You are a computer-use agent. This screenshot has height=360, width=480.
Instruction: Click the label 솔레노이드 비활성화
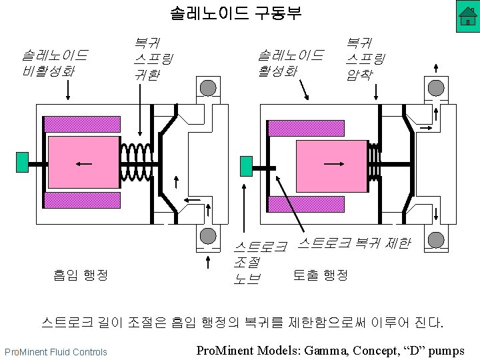click(x=55, y=62)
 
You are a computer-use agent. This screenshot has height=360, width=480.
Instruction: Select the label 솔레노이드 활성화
click(x=290, y=62)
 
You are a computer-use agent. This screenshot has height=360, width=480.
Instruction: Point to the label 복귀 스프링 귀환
click(x=153, y=59)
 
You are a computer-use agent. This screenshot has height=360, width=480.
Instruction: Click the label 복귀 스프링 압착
click(x=366, y=59)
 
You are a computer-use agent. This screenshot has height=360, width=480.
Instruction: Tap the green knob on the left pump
click(x=23, y=162)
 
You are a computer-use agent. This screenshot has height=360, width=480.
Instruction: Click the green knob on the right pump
click(x=245, y=165)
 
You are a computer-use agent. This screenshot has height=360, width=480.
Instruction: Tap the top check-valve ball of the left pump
click(x=209, y=87)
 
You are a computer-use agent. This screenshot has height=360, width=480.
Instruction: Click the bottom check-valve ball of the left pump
click(x=208, y=236)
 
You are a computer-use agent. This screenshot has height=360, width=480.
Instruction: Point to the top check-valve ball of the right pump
click(x=436, y=87)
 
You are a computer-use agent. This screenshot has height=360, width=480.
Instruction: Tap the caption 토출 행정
click(x=320, y=274)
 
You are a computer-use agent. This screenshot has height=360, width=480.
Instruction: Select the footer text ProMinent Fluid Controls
click(x=55, y=351)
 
